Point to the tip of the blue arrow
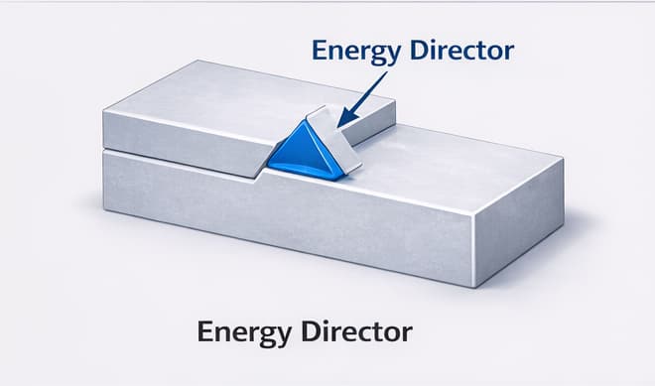tap(340, 126)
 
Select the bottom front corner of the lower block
tap(475, 287)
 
